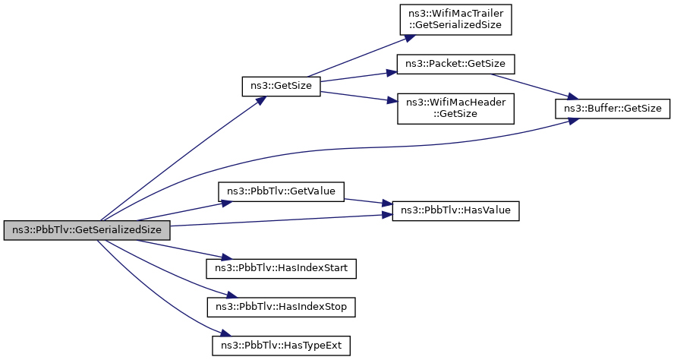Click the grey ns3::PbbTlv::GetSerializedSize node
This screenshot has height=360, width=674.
(87, 230)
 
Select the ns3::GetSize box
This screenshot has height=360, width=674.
(281, 86)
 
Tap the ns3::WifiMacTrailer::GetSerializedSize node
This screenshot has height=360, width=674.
(455, 19)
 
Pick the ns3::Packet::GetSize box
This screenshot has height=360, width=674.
(455, 64)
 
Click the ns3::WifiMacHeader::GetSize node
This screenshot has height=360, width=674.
(455, 109)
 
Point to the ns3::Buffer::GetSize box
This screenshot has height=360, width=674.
(613, 109)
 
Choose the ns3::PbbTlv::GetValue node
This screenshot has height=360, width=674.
(281, 191)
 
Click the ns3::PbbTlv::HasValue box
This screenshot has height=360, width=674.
(455, 210)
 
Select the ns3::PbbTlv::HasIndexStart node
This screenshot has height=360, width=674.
(281, 268)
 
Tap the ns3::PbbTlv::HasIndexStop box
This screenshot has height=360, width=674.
(281, 307)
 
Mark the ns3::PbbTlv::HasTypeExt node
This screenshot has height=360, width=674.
(281, 346)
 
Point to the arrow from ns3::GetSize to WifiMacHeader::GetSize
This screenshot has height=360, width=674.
(358, 96)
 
